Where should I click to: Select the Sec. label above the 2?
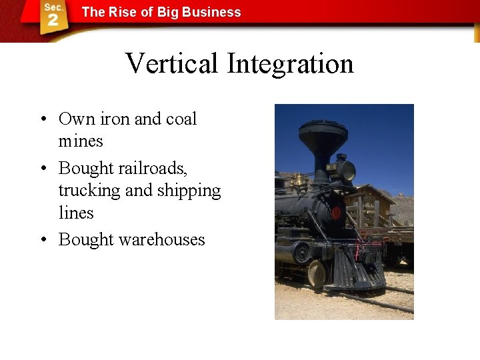[53, 7]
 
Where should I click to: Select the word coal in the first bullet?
[181, 119]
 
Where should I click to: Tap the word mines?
[81, 141]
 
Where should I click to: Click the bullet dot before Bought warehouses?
[41, 240]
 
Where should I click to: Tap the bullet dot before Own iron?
[41, 120]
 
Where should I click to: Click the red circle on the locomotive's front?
[337, 213]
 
